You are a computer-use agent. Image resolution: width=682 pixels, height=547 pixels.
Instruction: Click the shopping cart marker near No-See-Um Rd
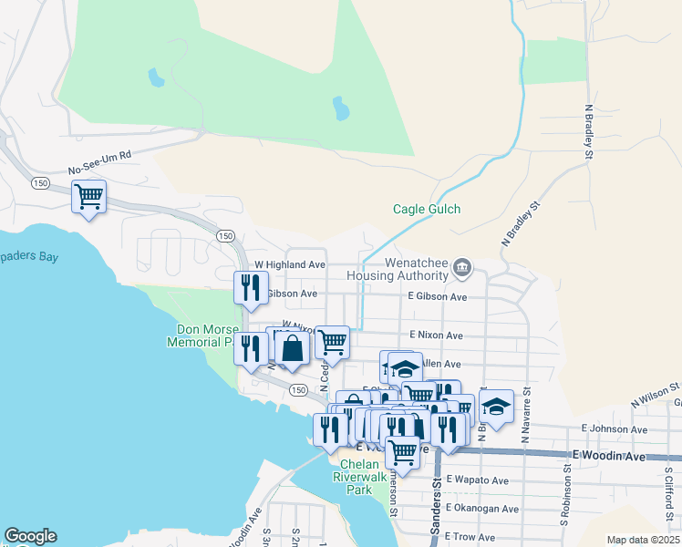click(x=89, y=196)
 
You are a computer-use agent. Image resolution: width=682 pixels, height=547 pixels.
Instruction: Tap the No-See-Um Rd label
click(x=100, y=163)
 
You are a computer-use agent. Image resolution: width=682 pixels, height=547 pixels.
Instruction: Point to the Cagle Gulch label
click(x=427, y=209)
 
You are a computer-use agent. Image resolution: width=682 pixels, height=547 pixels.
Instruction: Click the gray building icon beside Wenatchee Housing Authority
click(x=462, y=267)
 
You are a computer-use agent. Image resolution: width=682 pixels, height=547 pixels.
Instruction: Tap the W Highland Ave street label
click(x=289, y=264)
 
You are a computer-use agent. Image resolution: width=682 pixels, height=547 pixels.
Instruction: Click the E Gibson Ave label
click(x=437, y=296)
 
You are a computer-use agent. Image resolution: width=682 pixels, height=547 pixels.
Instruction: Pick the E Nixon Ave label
click(x=438, y=335)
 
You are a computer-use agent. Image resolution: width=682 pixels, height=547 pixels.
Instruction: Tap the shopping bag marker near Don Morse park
click(x=292, y=348)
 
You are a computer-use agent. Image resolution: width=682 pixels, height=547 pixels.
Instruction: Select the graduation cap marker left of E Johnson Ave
click(x=497, y=407)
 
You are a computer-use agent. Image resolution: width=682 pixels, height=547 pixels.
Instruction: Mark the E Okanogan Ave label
click(x=482, y=509)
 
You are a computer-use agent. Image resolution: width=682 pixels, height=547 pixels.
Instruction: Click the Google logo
click(x=30, y=536)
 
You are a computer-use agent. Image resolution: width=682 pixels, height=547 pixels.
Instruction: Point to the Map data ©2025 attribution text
click(x=643, y=540)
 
